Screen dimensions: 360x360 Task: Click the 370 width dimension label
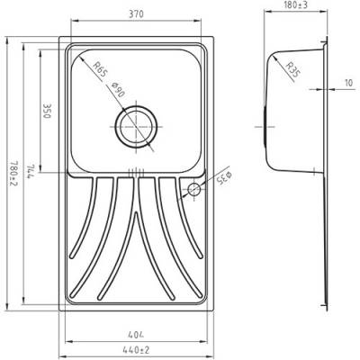pos(135,14)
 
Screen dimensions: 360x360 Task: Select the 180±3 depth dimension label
pos(295,4)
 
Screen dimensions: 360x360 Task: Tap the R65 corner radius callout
pos(99,69)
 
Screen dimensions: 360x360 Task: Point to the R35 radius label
pos(292,69)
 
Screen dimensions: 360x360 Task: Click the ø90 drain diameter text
pos(118,90)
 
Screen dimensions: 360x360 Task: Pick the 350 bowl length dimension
pos(47,111)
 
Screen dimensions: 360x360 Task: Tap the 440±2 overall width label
pos(136,350)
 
